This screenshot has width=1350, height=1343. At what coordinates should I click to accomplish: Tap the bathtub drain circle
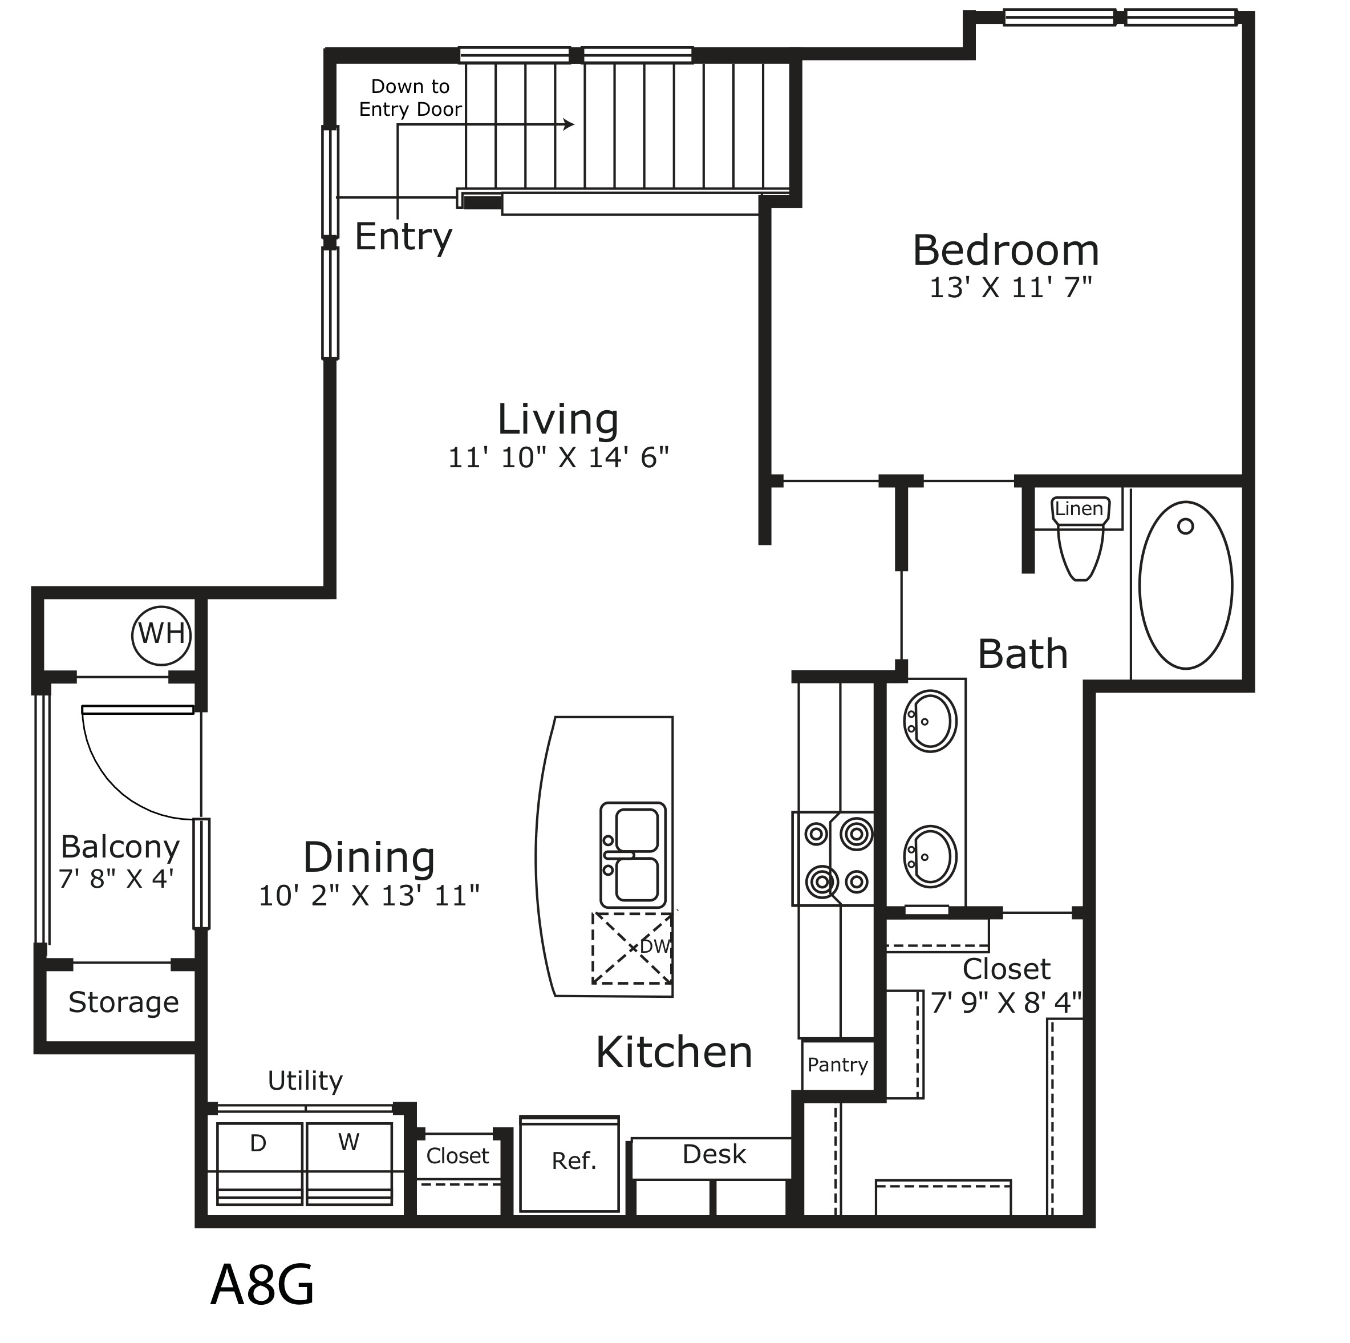[x=1186, y=527]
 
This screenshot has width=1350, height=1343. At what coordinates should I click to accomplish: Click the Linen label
[x=1080, y=509]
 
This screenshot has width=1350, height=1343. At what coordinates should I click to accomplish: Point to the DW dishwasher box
[x=633, y=949]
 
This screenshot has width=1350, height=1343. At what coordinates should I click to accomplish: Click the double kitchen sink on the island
[x=633, y=855]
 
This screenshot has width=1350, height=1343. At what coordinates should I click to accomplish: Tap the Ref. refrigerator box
[x=570, y=1164]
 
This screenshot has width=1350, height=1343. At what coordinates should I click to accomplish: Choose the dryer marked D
[x=260, y=1163]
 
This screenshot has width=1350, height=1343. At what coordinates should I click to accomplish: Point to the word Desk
[x=714, y=1154]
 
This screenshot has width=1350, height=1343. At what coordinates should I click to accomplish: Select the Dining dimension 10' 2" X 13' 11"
[x=369, y=895]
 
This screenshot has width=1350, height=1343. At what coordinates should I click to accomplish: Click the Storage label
[x=124, y=1002]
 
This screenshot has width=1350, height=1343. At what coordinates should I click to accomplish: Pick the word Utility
[x=305, y=1081]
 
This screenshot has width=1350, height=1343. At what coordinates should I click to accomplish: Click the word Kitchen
[x=674, y=1052]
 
